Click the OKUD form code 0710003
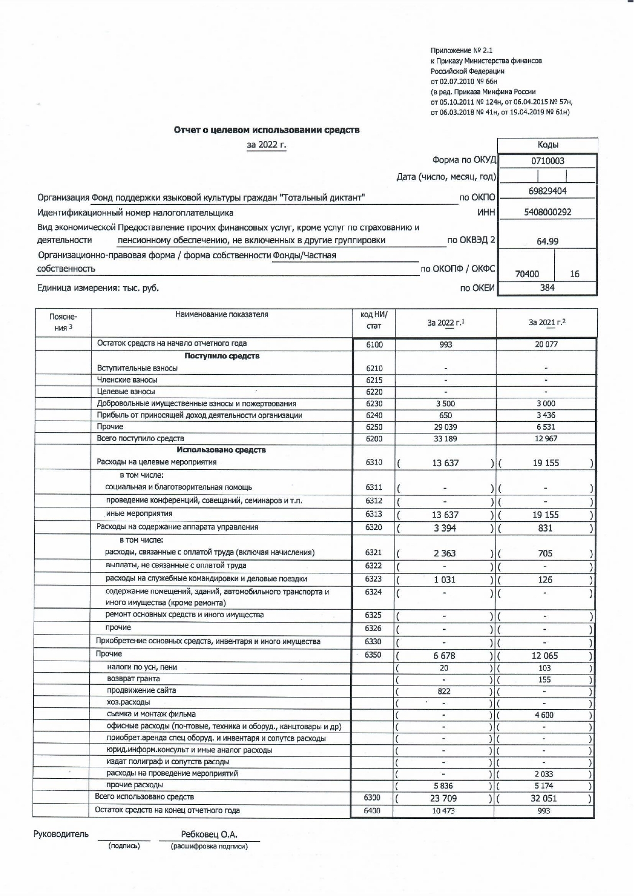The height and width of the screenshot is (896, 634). point(547,161)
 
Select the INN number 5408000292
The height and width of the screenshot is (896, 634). point(547,212)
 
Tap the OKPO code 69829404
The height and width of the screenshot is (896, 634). point(547,191)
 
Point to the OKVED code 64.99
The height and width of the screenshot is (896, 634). point(547,241)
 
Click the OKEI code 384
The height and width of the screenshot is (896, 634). point(547,287)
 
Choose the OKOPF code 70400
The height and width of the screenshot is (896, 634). point(527,274)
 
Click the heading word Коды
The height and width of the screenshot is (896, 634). point(547,145)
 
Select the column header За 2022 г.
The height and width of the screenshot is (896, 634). point(446,323)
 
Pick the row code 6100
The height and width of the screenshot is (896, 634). point(374,345)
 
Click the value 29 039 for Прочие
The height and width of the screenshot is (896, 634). point(446,427)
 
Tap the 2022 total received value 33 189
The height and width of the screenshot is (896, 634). point(446,439)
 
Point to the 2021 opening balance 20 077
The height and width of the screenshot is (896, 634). point(546,345)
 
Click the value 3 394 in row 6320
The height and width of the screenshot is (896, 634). point(445,528)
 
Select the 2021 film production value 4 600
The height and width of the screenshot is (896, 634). point(544,715)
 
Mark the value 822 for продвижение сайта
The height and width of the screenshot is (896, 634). point(444,691)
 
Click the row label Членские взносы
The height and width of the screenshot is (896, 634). point(127,380)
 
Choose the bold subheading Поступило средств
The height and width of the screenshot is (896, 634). point(222,356)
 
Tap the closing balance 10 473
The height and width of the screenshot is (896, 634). point(443,811)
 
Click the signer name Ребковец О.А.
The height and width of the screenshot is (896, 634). point(209,835)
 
